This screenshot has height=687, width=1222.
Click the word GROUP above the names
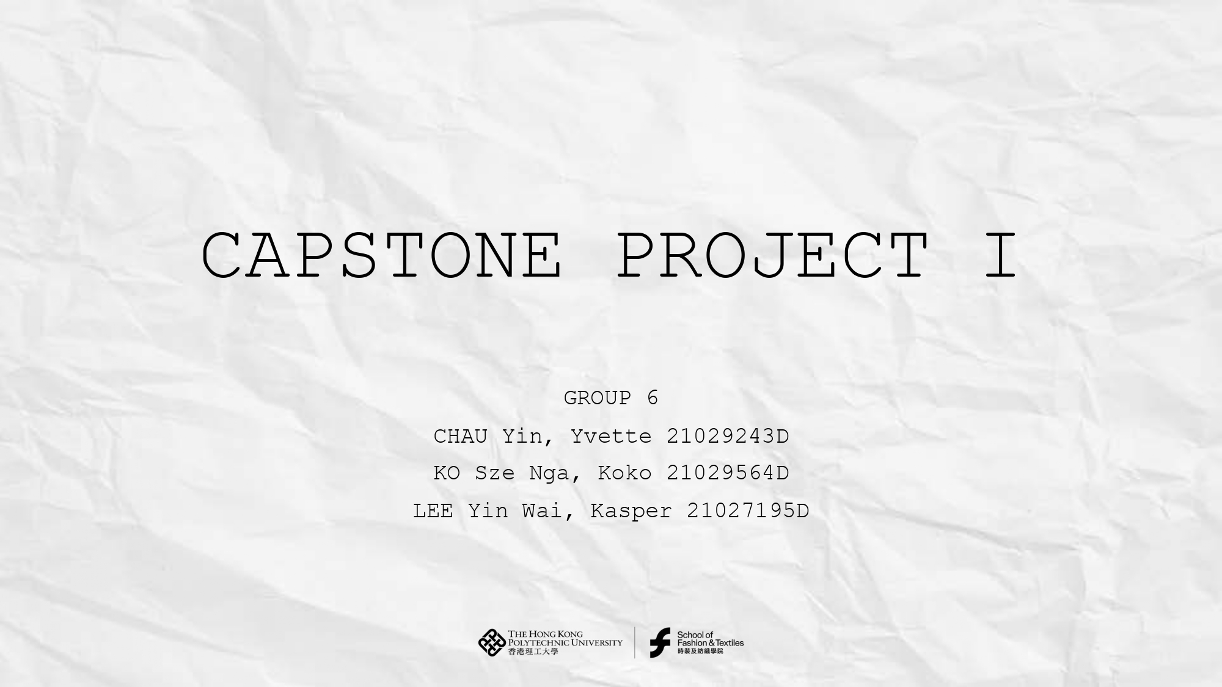597,398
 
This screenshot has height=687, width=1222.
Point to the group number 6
653,398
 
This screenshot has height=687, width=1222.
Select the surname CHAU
460,437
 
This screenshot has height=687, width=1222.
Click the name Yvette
611,437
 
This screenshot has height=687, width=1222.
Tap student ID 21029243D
728,437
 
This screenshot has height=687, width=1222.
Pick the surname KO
447,473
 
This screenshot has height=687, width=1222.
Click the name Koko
624,473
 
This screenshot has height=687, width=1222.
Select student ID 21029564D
728,473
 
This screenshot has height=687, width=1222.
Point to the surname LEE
433,511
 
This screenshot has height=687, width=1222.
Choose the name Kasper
631,511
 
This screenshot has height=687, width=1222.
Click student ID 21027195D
748,511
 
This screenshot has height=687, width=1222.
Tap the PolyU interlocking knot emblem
492,642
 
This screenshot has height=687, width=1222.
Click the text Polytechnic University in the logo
565,642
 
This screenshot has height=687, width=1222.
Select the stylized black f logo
660,642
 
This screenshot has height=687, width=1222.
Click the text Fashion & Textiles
710,643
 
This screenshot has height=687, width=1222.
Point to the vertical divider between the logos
635,642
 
